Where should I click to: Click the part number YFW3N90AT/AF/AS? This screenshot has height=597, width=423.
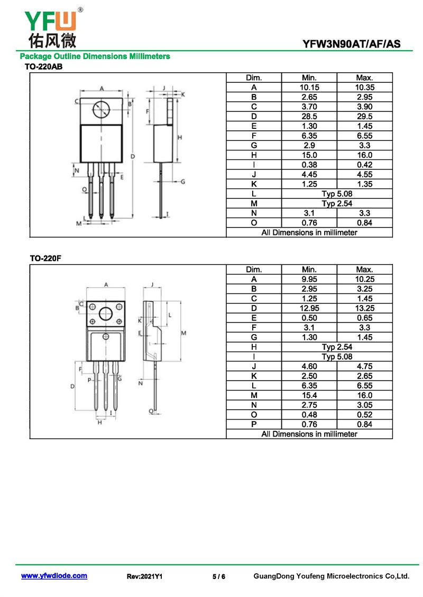pos(351,44)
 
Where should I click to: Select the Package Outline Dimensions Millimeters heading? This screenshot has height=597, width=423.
pos(95,56)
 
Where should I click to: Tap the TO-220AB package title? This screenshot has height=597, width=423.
pos(43,67)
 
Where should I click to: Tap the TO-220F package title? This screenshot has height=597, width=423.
pos(45,259)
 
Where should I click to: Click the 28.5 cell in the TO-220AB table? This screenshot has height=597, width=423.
pos(309,117)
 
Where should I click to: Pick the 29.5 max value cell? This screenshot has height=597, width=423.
pos(365,117)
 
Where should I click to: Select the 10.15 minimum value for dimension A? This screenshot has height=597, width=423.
pos(309,88)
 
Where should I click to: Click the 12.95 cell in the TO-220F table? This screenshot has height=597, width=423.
pos(309,308)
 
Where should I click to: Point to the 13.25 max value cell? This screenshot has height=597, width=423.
pos(365,308)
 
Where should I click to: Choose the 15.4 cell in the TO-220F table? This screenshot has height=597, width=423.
pos(309,395)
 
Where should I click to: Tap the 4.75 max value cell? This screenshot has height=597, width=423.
pos(365,366)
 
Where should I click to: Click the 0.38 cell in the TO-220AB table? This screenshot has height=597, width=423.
pos(309,165)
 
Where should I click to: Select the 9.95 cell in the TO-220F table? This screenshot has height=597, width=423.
pos(309,279)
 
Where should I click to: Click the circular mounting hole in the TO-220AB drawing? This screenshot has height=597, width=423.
pos(102,110)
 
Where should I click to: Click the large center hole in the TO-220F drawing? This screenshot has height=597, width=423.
pos(106,314)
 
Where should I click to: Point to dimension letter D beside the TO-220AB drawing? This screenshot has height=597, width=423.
pos(133,156)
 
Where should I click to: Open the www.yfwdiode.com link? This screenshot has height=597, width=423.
pos(54,576)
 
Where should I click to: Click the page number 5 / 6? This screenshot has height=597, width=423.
pos(219,576)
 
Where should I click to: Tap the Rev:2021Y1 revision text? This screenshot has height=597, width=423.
pos(144,576)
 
